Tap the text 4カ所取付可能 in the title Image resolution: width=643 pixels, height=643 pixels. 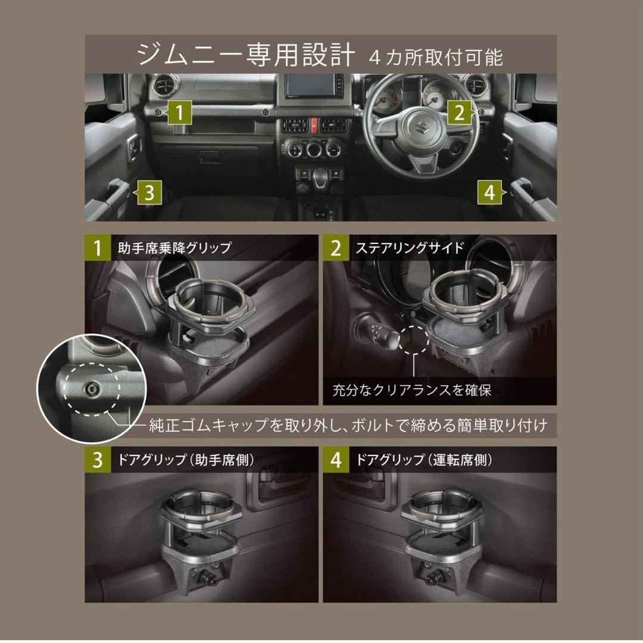click(x=436, y=57)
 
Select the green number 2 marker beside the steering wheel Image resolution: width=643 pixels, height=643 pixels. click(x=459, y=113)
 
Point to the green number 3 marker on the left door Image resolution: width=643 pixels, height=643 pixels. click(x=150, y=192)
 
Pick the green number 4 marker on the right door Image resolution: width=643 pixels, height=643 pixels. click(x=489, y=192)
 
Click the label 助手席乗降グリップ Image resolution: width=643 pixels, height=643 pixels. click(x=171, y=248)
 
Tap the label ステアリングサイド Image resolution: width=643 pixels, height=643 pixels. click(x=410, y=248)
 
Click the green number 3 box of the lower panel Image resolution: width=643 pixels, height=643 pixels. click(x=98, y=460)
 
